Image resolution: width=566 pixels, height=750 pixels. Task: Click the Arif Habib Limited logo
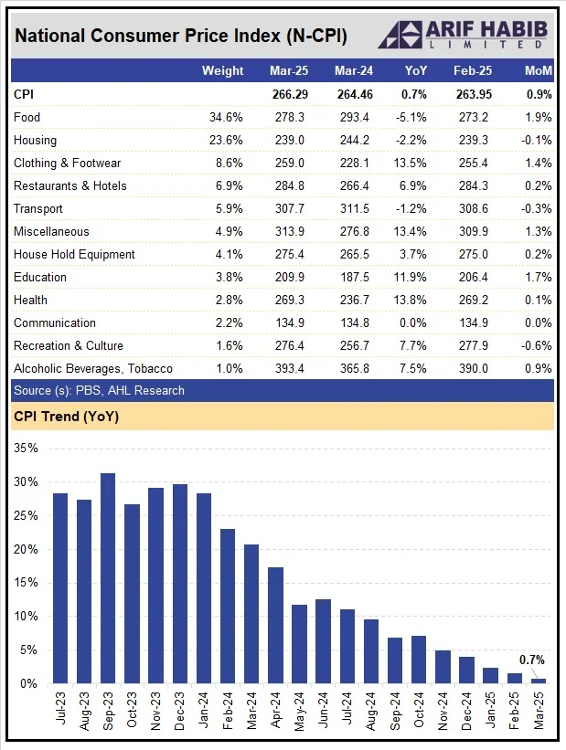[x=463, y=35]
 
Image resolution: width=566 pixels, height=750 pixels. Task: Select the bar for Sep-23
[x=107, y=578]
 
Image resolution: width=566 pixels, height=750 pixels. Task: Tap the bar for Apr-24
[x=275, y=625]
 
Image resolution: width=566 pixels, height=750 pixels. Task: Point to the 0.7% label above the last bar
[x=532, y=660]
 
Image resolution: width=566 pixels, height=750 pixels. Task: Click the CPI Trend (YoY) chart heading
[x=66, y=417]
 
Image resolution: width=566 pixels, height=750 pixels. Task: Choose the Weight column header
[x=222, y=70]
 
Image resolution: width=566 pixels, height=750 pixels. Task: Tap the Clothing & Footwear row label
[x=69, y=163]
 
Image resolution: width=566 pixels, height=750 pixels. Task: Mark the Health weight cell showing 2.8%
[x=230, y=300]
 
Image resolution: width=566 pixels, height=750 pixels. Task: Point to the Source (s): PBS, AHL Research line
[x=99, y=390]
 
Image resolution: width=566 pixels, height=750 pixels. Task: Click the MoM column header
[x=538, y=70]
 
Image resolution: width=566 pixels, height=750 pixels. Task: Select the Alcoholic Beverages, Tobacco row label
[x=93, y=368]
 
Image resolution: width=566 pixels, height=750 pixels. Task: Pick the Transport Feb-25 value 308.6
[x=474, y=208]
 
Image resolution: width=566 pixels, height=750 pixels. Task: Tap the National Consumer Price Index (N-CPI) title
[x=181, y=36]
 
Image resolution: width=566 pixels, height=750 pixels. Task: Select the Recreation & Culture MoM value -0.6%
[x=537, y=345]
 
